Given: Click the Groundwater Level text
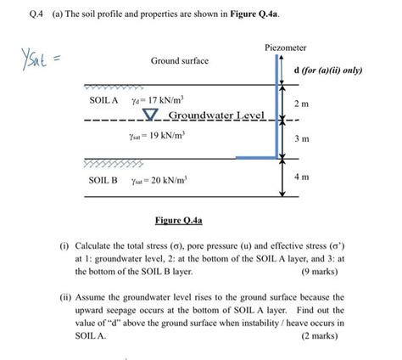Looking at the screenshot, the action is click(216, 115).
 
